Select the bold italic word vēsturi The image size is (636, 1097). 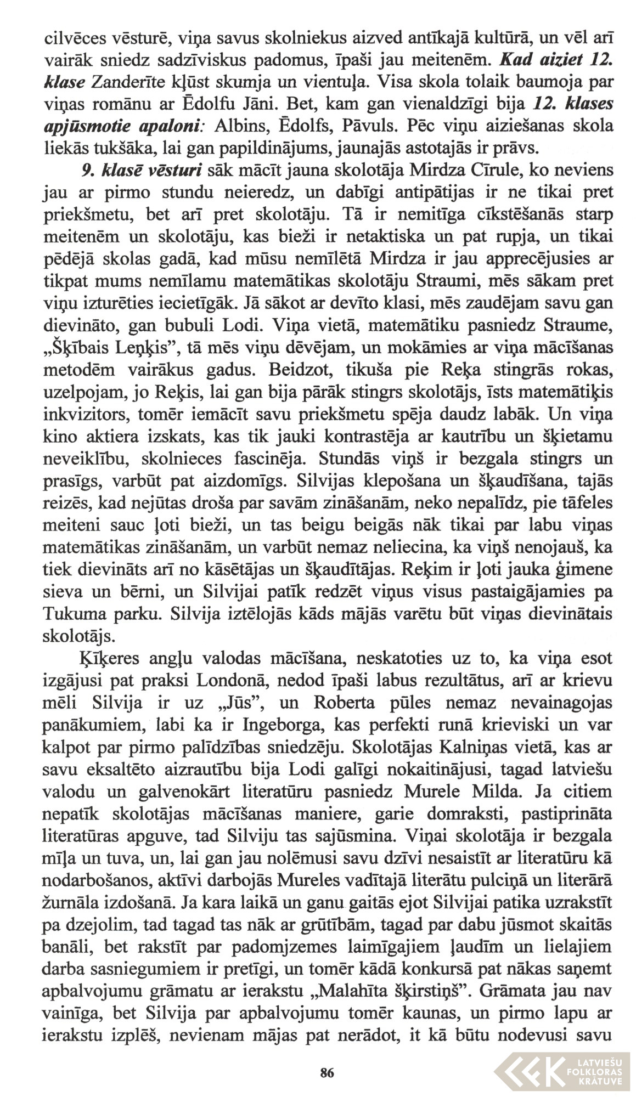[178, 171]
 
